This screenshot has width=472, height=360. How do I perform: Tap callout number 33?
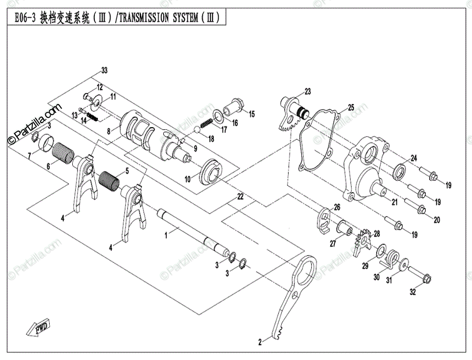(x=104, y=71)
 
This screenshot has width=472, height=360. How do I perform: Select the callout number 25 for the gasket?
(x=351, y=107)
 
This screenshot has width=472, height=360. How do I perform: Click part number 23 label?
(x=307, y=91)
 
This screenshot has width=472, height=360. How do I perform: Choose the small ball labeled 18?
(x=197, y=129)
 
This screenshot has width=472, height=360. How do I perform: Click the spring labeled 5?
(x=109, y=181)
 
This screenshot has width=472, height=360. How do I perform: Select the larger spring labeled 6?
(x=64, y=151)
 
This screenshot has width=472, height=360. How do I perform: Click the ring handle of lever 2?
(x=304, y=271)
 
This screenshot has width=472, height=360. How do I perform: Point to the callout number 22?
(x=240, y=196)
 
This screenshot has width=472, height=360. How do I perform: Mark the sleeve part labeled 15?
(x=236, y=105)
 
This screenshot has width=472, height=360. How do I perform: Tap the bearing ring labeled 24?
(x=399, y=171)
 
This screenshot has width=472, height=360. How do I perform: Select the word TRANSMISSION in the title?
(x=143, y=18)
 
